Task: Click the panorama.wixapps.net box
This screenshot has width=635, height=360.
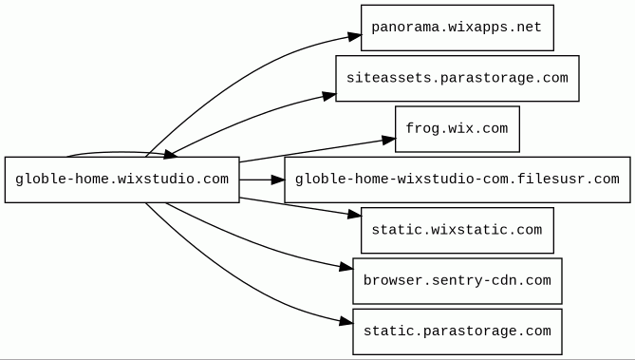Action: point(458,28)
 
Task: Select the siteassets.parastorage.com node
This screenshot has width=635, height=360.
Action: point(458,79)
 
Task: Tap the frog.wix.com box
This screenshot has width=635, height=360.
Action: point(458,129)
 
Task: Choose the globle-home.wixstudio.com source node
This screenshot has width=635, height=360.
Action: point(121,180)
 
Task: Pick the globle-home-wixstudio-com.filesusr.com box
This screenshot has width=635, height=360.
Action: point(458,180)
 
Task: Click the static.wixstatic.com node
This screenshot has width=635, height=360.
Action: point(458,230)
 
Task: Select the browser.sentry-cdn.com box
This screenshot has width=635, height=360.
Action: point(458,281)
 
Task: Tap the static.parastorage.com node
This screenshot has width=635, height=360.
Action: point(458,332)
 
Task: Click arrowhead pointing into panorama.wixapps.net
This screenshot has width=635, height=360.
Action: point(354,36)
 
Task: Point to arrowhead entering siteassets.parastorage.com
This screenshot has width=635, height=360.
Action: point(329,96)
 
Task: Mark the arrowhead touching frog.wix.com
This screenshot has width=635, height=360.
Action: point(388,140)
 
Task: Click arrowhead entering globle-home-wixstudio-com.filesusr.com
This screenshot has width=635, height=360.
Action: point(278,180)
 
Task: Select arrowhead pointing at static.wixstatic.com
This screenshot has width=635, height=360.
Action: point(354,215)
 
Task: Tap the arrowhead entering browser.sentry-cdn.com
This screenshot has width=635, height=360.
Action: point(346,267)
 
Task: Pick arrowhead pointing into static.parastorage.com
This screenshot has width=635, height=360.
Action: point(346,322)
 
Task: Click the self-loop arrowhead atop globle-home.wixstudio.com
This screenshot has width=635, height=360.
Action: point(170,154)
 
